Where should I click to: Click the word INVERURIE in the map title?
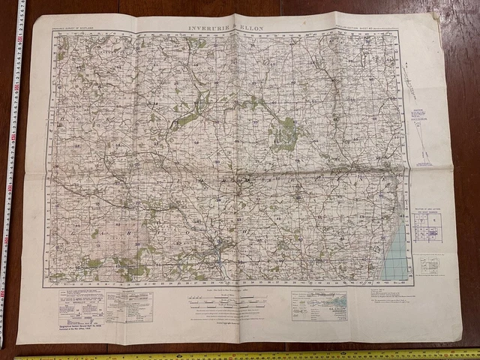pyautogui.click(x=211, y=28)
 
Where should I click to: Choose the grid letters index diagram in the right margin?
pyautogui.click(x=427, y=228)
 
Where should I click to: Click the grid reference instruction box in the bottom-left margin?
pyautogui.click(x=82, y=304)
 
